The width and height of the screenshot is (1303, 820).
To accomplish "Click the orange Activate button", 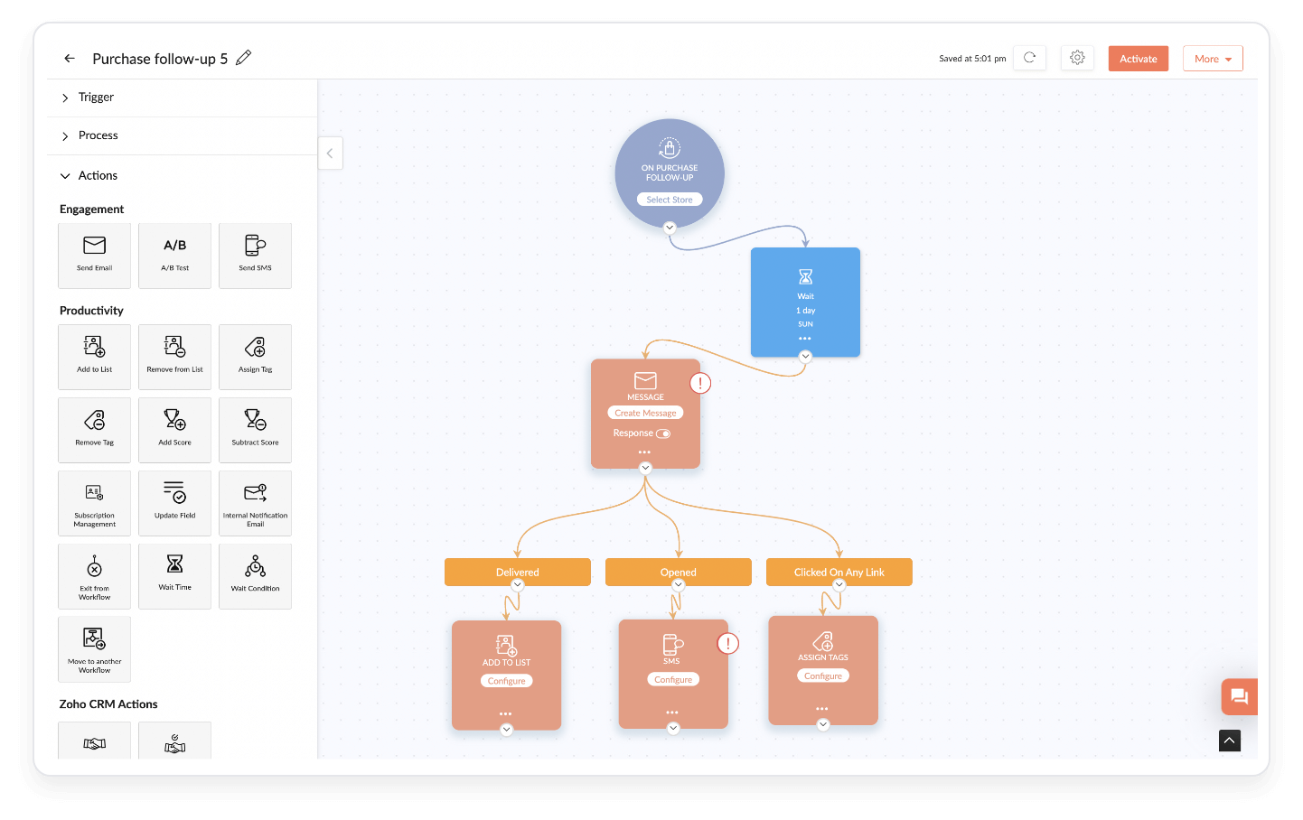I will [1138, 59].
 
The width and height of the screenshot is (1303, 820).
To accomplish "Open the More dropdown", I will [1213, 59].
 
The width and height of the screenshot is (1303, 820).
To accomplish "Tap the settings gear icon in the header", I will [1077, 58].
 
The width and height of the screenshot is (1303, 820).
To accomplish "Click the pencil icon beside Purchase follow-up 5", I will [243, 58].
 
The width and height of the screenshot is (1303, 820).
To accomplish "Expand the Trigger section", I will [96, 98].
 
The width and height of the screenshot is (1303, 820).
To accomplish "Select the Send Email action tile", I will [95, 256].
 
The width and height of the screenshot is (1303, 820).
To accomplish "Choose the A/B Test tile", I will [175, 256].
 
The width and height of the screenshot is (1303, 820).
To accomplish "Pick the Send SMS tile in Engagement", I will [256, 256].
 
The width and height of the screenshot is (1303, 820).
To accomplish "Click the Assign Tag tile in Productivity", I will [256, 357].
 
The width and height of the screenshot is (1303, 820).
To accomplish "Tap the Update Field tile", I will [175, 503].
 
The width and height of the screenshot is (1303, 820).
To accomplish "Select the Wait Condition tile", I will [256, 576].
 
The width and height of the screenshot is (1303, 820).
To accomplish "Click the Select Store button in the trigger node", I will [670, 200].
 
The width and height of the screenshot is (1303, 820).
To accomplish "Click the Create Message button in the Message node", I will [645, 413].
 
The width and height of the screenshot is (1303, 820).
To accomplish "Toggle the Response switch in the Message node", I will [663, 433].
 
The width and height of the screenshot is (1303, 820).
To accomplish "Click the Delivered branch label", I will [517, 573].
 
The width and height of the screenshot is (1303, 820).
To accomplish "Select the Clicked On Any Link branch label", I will [839, 573].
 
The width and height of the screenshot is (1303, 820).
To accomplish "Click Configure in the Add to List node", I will [506, 681].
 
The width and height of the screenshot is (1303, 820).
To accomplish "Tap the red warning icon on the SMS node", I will [727, 643].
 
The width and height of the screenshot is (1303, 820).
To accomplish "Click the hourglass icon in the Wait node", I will [805, 276].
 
